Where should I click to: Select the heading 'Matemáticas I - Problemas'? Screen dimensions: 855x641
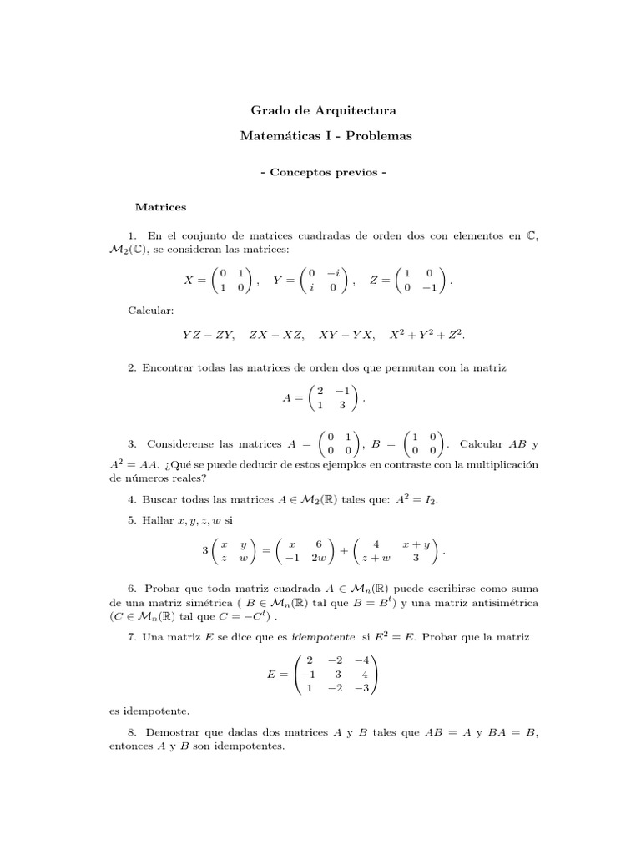320,136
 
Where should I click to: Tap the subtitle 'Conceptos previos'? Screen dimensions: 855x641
320,173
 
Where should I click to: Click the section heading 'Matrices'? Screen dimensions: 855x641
161,205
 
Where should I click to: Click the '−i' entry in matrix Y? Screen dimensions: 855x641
334,273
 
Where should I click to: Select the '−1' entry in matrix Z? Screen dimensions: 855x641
429,288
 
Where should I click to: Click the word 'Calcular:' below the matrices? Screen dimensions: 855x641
150,311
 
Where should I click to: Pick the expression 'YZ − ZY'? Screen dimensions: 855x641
209,336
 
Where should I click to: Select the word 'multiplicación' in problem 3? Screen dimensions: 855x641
500,464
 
